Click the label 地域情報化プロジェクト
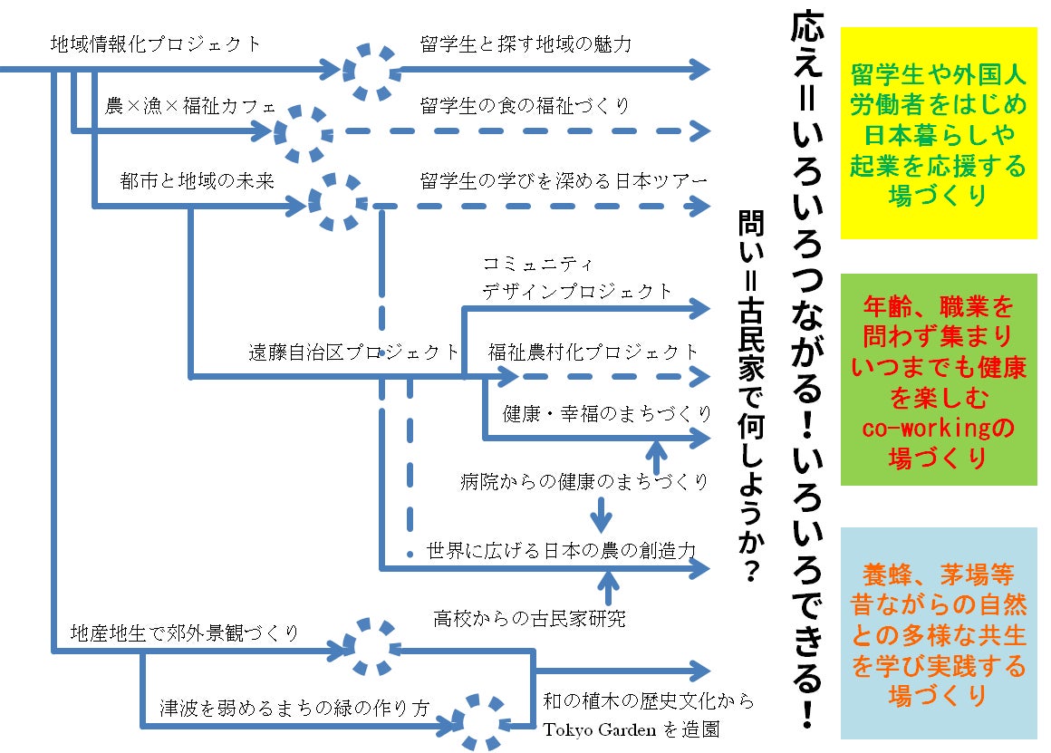coord(156,43)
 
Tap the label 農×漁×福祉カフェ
coord(189,106)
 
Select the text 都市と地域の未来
coord(197,180)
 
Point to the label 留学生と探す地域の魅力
coord(525,43)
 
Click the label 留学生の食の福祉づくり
coord(525,106)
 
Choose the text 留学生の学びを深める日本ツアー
coord(564,180)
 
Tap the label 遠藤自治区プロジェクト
coord(354,352)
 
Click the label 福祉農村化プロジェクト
coord(593,352)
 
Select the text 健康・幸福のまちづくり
coord(607,414)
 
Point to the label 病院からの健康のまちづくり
coord(584,481)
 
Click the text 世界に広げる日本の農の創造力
coord(561,550)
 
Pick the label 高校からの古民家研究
coord(529,619)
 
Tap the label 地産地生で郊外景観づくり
coord(185,632)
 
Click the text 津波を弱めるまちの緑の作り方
coord(294,708)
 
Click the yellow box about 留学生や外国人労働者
coord(939,132)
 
